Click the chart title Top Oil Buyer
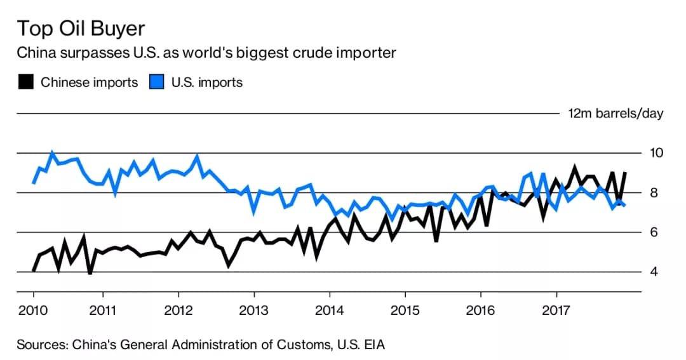(81, 29)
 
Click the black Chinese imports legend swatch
(25, 83)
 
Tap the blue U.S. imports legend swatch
(156, 83)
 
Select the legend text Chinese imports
(89, 83)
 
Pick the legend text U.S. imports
(207, 83)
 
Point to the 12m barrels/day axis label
(615, 114)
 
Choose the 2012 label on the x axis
(178, 310)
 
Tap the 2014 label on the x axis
(329, 310)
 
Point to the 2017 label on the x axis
(556, 310)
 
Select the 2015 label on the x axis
(405, 310)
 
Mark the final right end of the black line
(626, 173)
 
